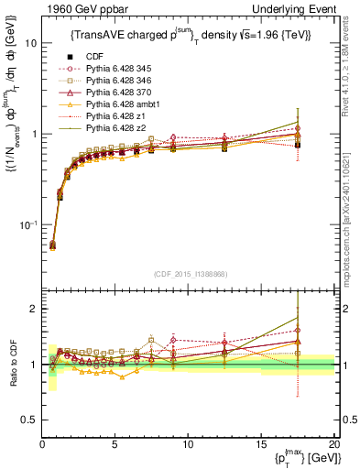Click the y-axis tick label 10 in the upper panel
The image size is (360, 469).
click(x=29, y=43)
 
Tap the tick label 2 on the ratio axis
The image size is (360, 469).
click(x=32, y=309)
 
